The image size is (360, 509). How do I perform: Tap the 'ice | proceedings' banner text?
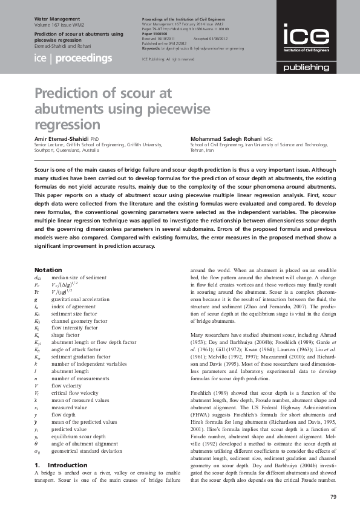(x=73, y=59)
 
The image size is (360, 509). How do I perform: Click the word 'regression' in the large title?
(x=67, y=125)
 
